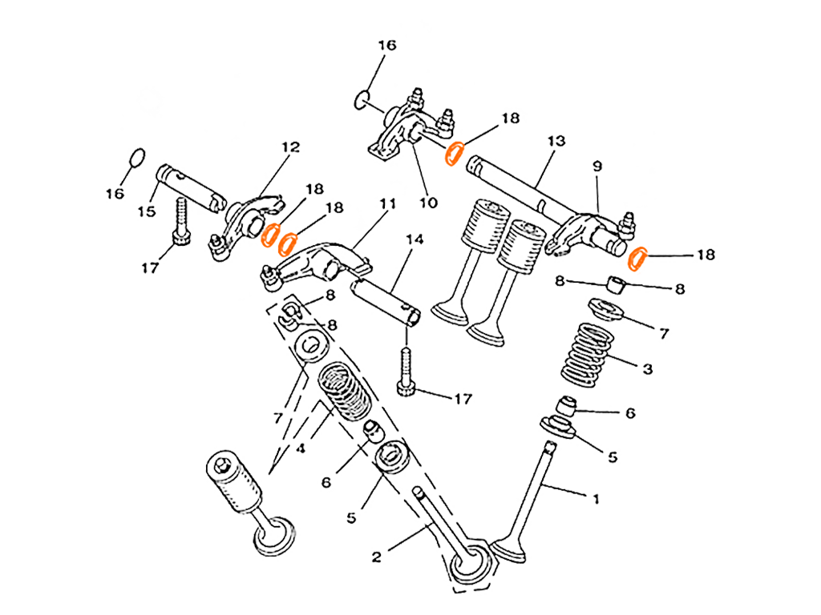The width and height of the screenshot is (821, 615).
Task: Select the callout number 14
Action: (415, 239)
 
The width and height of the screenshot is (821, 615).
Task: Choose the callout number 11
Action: (387, 206)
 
